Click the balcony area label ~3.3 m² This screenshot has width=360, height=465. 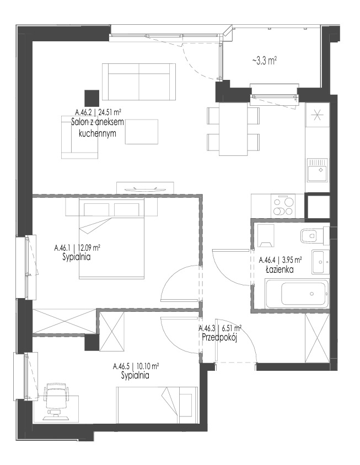pyautogui.click(x=265, y=61)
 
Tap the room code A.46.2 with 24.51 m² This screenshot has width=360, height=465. pyautogui.click(x=98, y=112)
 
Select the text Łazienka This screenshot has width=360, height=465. pyautogui.click(x=280, y=269)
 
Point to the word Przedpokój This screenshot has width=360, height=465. pyautogui.click(x=219, y=338)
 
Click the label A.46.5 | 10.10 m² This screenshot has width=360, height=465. pyautogui.click(x=136, y=366)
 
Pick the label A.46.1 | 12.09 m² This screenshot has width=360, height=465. pyautogui.click(x=77, y=247)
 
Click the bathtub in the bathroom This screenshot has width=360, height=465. pyautogui.click(x=297, y=294)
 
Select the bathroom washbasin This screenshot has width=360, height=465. pyautogui.click(x=320, y=262)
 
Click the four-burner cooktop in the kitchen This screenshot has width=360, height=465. pyautogui.click(x=283, y=206)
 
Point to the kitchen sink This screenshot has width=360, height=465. pyautogui.click(x=318, y=170)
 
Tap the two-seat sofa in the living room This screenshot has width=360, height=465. pyautogui.click(x=139, y=82)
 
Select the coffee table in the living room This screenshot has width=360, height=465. pyautogui.click(x=142, y=132)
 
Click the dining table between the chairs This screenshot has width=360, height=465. pyautogui.click(x=233, y=128)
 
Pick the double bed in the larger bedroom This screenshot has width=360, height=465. pyautogui.click(x=111, y=239)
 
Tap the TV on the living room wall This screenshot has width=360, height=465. pyautogui.click(x=145, y=189)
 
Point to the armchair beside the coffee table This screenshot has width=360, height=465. pyautogui.click(x=79, y=137)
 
